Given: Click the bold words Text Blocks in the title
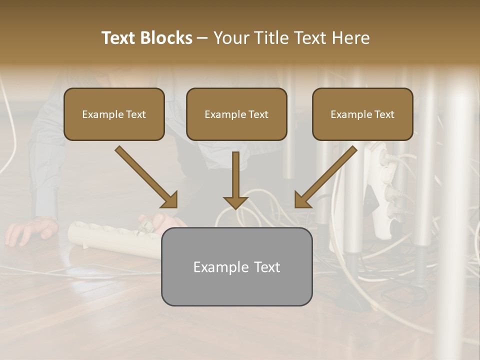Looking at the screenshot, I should pos(147,38).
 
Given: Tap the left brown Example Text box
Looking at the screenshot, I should pos(114,114).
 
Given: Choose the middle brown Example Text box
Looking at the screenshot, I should pos(236,114).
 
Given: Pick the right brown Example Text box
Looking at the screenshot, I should pos(362,114).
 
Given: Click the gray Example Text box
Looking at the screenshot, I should pos(236,266).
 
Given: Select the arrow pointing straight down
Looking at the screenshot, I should pos(235,181).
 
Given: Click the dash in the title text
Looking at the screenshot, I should pos(202,38).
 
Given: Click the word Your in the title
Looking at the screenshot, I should pos(231,38).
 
